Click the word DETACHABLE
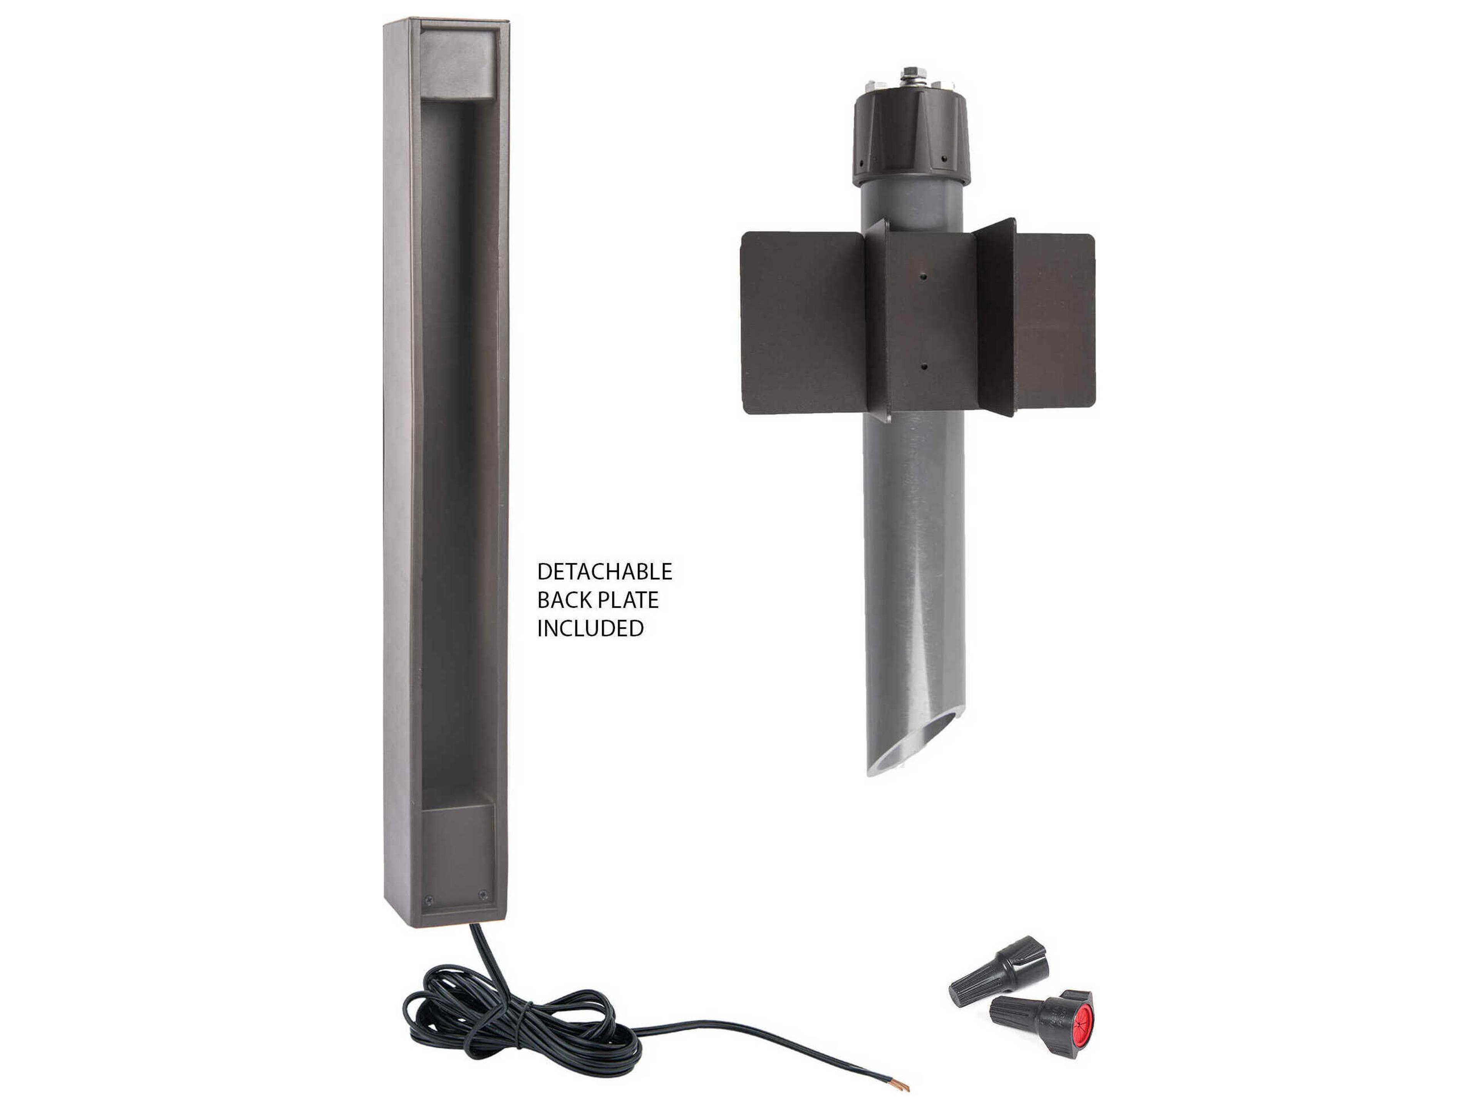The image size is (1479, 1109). (604, 571)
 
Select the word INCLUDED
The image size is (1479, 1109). (590, 628)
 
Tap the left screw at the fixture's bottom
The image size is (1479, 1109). (429, 900)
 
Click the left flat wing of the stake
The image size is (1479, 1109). (802, 322)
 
